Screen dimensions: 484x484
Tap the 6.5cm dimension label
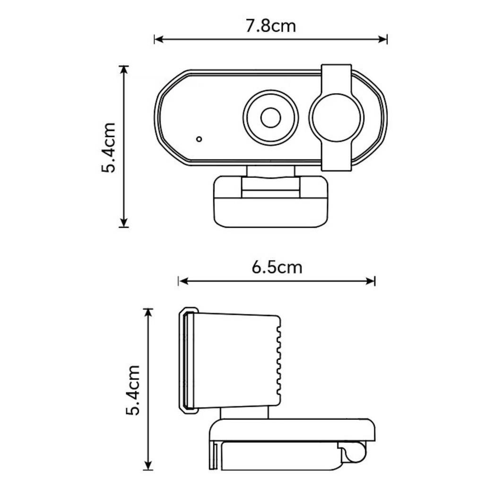(277, 267)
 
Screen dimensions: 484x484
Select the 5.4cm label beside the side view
(133, 390)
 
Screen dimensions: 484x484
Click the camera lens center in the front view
(270, 117)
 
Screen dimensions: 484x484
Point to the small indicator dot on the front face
(199, 139)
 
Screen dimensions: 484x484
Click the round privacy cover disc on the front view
(336, 117)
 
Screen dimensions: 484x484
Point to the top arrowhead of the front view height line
(124, 69)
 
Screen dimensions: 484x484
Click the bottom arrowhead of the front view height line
(124, 223)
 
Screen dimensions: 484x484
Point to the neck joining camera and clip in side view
(244, 413)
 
